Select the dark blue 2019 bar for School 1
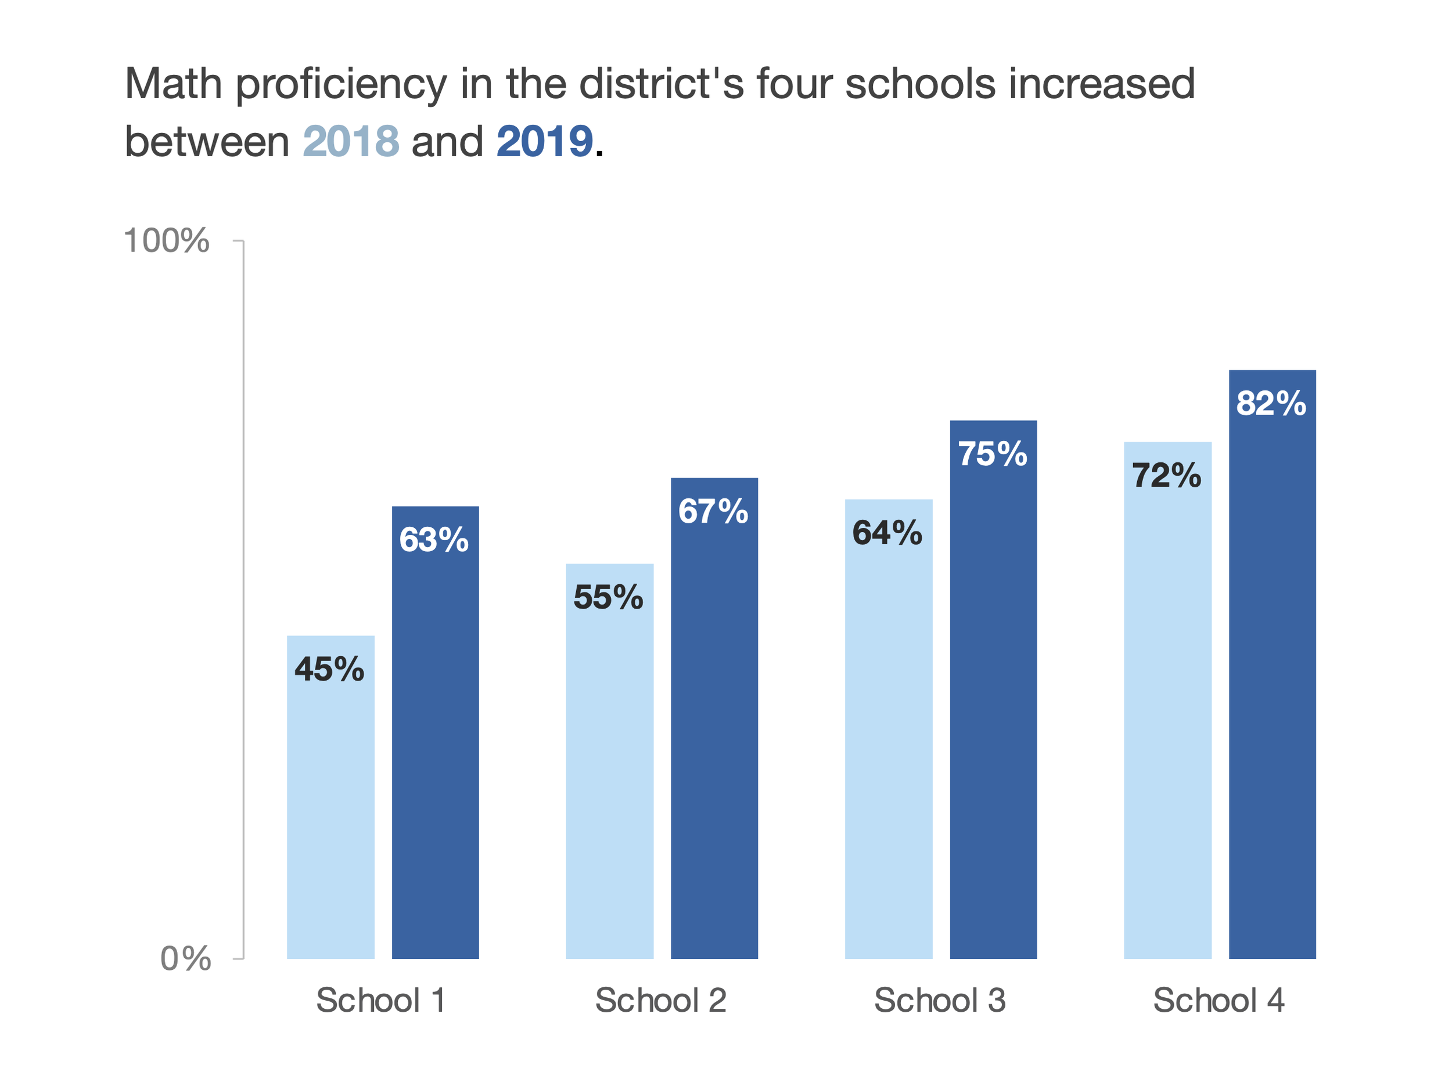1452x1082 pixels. (435, 753)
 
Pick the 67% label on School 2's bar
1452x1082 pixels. (713, 511)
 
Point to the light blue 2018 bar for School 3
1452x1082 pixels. (888, 753)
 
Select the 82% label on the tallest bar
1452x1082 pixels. (1271, 403)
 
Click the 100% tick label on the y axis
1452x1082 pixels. (166, 240)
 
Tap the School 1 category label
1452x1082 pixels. (381, 1000)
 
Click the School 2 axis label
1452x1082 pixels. (660, 1000)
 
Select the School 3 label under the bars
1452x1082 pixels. (939, 1000)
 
